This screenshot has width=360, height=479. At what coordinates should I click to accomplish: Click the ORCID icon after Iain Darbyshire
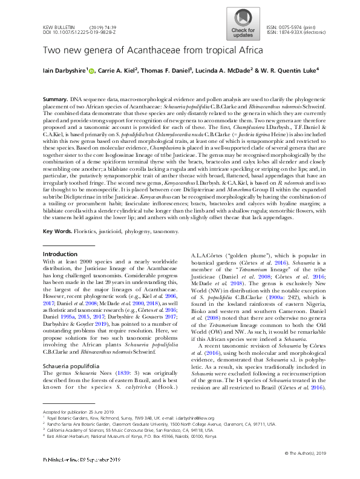tap(92, 71)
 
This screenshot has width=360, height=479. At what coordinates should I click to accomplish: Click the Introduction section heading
tap(61, 271)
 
